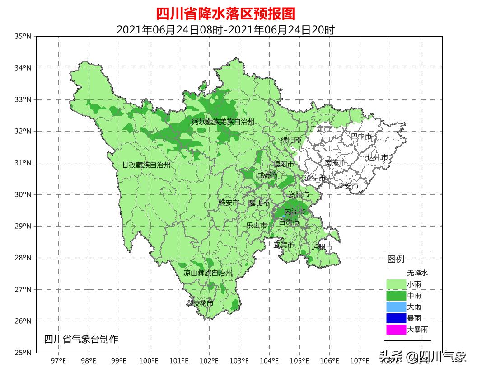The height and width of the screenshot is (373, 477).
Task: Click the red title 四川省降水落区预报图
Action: click(x=225, y=14)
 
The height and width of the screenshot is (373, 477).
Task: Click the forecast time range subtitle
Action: click(x=225, y=30)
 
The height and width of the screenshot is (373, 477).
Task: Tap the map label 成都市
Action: click(x=267, y=175)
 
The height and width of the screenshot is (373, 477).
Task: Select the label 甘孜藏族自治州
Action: click(x=146, y=165)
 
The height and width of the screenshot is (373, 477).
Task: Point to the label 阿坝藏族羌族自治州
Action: click(x=223, y=122)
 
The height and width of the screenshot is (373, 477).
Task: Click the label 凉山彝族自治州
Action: click(x=208, y=273)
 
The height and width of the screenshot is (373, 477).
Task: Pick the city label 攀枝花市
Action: click(x=199, y=303)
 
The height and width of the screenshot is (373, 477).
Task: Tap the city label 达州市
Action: click(x=377, y=157)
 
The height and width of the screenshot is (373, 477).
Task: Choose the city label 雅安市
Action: click(x=229, y=203)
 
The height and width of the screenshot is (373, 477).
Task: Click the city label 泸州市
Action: click(x=322, y=247)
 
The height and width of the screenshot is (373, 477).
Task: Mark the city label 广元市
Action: click(x=320, y=129)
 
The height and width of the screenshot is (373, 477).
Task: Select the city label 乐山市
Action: click(x=257, y=226)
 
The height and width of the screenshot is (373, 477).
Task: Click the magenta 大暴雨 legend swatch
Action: click(x=396, y=330)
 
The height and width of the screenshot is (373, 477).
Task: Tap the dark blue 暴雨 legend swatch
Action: click(x=396, y=318)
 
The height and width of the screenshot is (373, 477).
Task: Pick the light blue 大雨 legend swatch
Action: click(x=396, y=307)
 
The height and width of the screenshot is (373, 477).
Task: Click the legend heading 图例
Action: click(x=396, y=260)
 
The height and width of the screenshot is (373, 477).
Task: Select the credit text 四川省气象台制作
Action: click(x=81, y=340)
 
